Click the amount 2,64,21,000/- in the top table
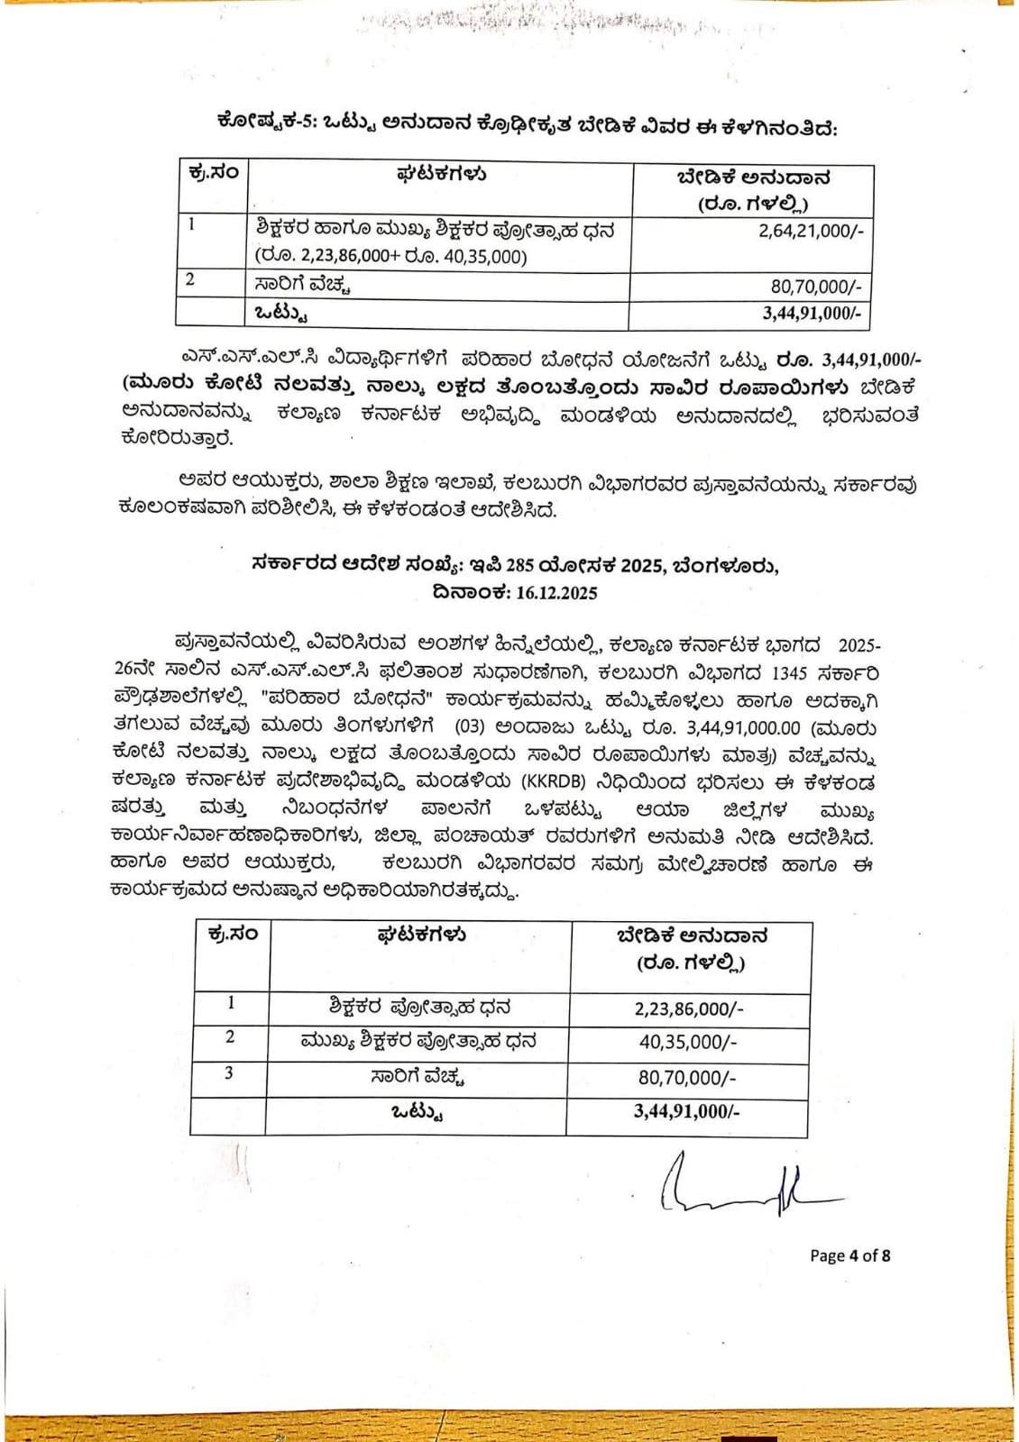[811, 231]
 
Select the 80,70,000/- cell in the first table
[815, 287]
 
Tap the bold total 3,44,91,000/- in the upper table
[812, 313]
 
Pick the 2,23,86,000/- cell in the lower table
[689, 1008]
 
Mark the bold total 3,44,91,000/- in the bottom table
[686, 1111]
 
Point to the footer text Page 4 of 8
[849, 1255]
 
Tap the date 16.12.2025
[556, 593]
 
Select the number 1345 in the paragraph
[789, 673]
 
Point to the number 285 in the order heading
[519, 566]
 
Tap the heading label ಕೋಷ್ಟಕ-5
[265, 122]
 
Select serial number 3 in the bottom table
[229, 1073]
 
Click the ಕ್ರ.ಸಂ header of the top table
[213, 173]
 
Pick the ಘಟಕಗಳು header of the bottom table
[420, 935]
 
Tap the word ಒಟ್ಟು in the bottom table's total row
[417, 1112]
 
